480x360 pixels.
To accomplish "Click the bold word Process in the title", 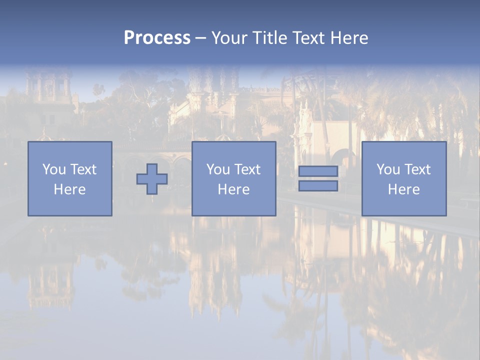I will coord(157,38).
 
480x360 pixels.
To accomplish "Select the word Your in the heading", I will coord(229,38).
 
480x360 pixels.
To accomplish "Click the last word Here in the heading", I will coord(349,38).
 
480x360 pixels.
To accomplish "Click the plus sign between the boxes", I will coord(152,179).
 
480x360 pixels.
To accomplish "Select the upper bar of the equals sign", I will coord(318,171).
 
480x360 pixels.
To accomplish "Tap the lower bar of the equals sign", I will coord(318,186).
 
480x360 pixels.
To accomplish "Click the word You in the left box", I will coord(54,169).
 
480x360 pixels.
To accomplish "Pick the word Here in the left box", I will coord(69,189).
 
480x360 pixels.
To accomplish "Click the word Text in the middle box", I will coord(247,169).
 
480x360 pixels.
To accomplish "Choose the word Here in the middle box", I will coord(233,189).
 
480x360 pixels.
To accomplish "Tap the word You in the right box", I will coord(388,169).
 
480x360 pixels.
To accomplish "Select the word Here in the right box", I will coord(403,189).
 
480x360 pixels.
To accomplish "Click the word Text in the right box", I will coord(417,169).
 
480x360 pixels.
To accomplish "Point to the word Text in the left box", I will coord(83,169).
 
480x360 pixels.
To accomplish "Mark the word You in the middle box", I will coord(218,169).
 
